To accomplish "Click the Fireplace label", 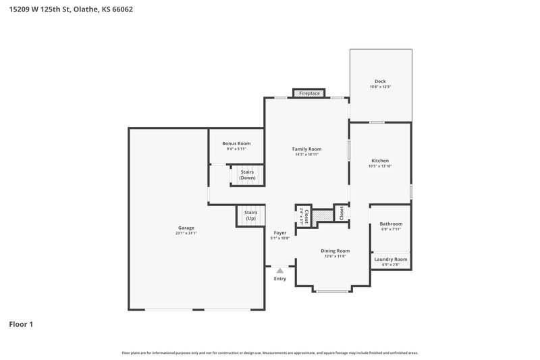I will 309,93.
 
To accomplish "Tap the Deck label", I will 380,81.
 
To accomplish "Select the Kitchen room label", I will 380,160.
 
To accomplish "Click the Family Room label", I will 306,149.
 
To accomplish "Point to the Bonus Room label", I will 236,143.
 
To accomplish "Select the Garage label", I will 186,228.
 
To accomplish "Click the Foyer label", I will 280,232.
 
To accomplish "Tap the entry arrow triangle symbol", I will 279,270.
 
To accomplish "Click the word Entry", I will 279,278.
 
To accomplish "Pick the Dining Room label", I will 335,251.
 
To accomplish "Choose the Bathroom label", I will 391,224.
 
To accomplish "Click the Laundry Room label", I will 391,259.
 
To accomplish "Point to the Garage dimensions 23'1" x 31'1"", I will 186,233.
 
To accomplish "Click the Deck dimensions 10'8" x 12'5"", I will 380,87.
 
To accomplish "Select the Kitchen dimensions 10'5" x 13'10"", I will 380,166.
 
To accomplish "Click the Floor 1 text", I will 21,324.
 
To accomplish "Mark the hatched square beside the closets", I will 323,215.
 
